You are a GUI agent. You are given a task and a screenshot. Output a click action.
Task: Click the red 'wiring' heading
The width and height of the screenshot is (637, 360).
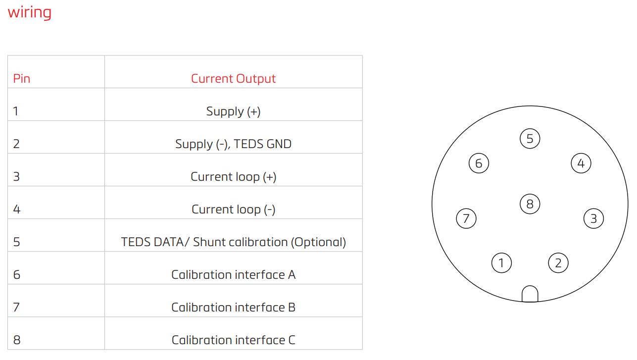[x=29, y=12]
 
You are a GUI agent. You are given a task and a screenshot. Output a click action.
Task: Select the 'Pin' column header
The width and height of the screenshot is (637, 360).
[x=22, y=78]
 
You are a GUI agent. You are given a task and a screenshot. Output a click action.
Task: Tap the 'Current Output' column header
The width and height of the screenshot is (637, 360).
[x=233, y=78]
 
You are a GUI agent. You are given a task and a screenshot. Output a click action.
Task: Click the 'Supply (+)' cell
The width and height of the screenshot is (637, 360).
[x=233, y=111]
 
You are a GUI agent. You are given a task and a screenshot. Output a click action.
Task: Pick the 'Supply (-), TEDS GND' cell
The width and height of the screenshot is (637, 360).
[x=233, y=144]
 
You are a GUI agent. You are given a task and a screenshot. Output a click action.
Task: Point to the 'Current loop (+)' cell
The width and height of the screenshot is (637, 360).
[x=233, y=176]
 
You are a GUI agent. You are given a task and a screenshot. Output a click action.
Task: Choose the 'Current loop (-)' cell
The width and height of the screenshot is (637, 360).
[x=233, y=209]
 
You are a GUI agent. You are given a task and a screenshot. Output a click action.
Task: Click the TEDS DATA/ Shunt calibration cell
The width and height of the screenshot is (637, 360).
[x=233, y=242]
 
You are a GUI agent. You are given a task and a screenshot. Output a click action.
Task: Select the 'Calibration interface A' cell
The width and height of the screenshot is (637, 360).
[x=233, y=274]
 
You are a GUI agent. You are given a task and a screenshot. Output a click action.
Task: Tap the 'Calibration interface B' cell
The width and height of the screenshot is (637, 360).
[x=233, y=307]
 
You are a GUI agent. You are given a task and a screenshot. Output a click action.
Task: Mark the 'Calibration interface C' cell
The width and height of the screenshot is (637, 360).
[x=233, y=340]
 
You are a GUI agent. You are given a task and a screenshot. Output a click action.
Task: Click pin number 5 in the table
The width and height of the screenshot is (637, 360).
[x=17, y=242]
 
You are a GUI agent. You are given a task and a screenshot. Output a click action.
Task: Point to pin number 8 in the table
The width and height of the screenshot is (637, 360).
[x=17, y=340]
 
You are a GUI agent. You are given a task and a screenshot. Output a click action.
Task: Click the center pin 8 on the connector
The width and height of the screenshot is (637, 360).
[x=530, y=204]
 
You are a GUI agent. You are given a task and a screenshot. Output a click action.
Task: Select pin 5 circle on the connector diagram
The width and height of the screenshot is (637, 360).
[x=530, y=139]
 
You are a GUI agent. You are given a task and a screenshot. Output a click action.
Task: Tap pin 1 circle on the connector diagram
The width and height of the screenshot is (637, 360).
[x=501, y=263]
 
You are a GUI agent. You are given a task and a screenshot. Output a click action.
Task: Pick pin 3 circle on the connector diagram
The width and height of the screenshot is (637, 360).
[x=593, y=218]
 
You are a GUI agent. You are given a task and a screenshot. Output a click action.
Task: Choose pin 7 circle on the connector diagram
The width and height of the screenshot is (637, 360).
[x=466, y=218]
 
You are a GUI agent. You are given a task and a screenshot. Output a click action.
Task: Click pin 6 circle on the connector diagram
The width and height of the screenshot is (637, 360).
[x=479, y=163]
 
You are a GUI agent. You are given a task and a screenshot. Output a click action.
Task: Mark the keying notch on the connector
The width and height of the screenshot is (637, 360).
[x=530, y=294]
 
